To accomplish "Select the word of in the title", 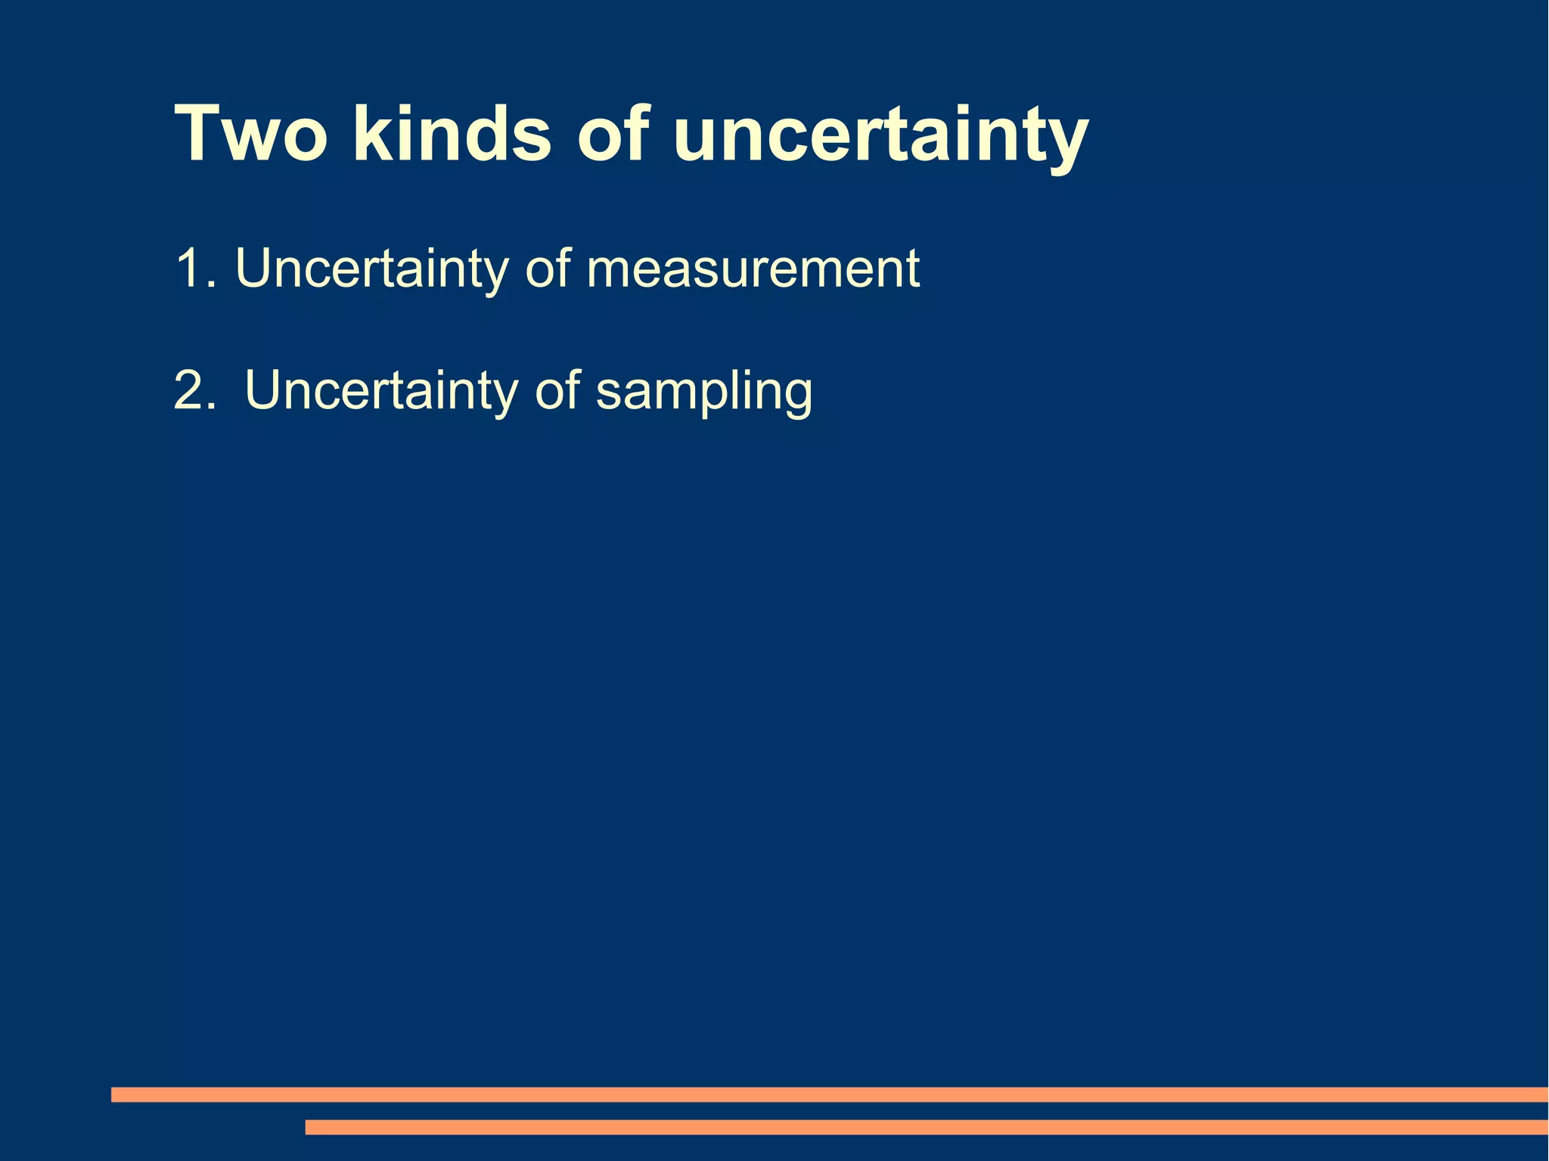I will point(613,134).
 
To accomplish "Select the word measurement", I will point(753,269).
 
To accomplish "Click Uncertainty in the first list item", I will point(371,269).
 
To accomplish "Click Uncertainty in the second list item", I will point(381,391).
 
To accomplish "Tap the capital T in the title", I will point(199,134).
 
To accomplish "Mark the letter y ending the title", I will point(1066,144).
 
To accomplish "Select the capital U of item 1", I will point(253,269).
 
